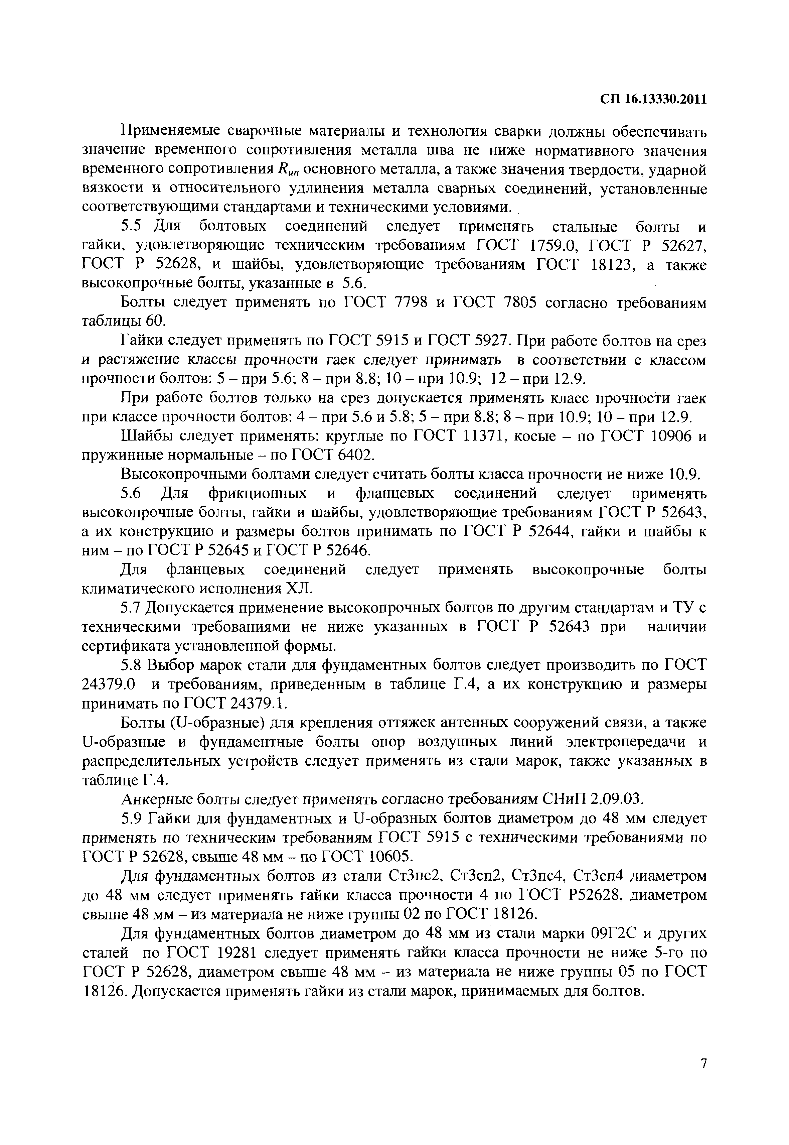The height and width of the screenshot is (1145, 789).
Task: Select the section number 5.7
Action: click(132, 608)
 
